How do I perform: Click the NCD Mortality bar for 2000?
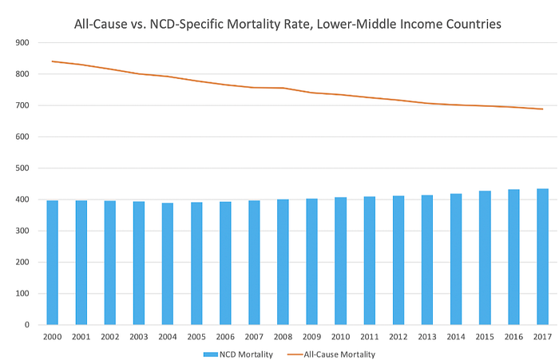[52, 263]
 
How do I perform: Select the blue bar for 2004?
[168, 263]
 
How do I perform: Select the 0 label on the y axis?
[26, 325]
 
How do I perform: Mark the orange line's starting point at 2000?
[52, 61]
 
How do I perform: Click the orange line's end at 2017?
[543, 109]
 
